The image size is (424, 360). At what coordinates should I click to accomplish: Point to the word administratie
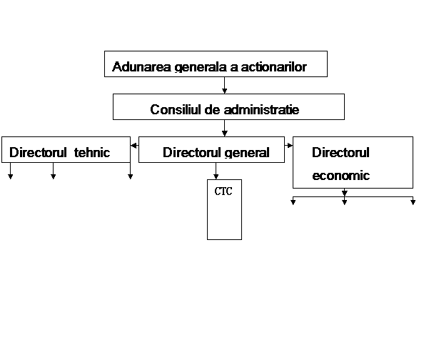pyautogui.click(x=261, y=109)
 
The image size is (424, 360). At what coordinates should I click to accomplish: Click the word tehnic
pyautogui.click(x=92, y=152)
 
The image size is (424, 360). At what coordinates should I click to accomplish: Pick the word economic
pyautogui.click(x=341, y=176)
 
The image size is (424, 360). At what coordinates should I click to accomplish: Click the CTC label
pyautogui.click(x=223, y=191)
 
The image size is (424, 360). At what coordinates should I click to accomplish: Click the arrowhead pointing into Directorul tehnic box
pyautogui.click(x=133, y=146)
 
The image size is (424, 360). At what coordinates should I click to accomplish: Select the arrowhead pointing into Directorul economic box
pyautogui.click(x=290, y=146)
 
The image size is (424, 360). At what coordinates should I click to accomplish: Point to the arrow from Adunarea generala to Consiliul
pyautogui.click(x=224, y=85)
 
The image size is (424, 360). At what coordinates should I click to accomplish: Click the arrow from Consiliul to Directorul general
pyautogui.click(x=224, y=128)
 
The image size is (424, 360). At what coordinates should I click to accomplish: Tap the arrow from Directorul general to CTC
pyautogui.click(x=216, y=171)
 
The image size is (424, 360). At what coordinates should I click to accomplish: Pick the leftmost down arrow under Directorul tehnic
pyautogui.click(x=10, y=171)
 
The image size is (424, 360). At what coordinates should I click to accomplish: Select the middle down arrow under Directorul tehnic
pyautogui.click(x=54, y=171)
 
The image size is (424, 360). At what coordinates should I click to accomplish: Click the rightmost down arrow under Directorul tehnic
pyautogui.click(x=131, y=171)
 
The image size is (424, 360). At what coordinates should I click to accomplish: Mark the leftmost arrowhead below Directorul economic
pyautogui.click(x=293, y=202)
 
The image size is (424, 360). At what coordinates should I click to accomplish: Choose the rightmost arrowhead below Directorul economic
pyautogui.click(x=413, y=202)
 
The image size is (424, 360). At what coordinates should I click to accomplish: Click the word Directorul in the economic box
pyautogui.click(x=340, y=152)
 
